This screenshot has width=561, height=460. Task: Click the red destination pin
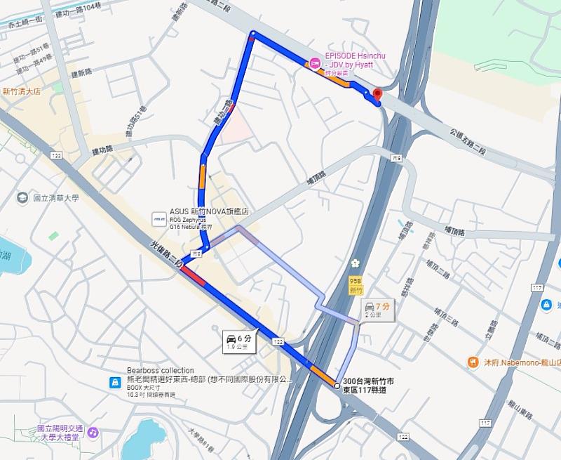pyautogui.click(x=377, y=94)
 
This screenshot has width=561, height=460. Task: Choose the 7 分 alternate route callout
pyautogui.click(x=377, y=310)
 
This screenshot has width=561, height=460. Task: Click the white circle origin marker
pyautogui.click(x=337, y=386)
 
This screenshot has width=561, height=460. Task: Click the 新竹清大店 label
pyautogui.click(x=21, y=91)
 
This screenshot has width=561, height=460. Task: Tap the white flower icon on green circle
pyautogui.click(x=356, y=264)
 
